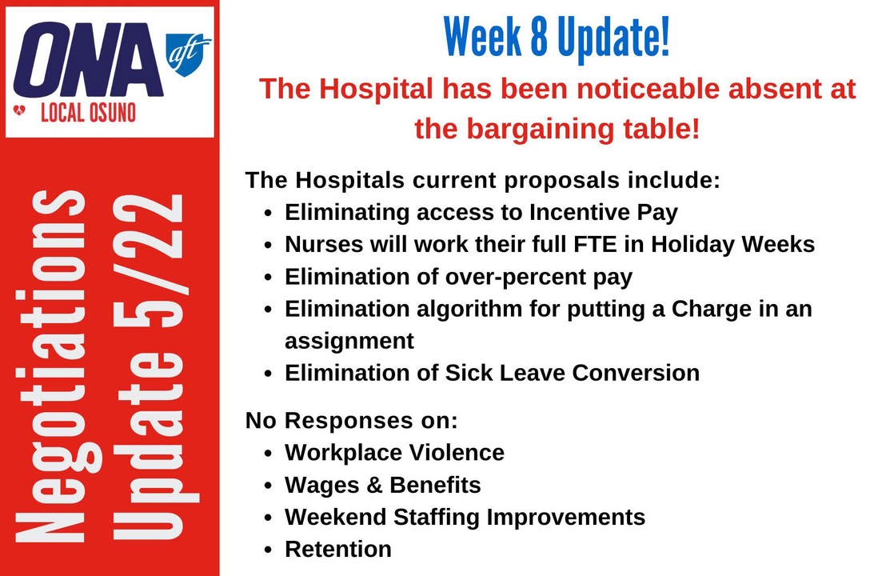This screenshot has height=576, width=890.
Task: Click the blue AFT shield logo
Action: [187, 54]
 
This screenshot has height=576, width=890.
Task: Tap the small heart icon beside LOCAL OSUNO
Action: [19, 110]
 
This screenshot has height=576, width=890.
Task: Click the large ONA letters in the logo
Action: [88, 60]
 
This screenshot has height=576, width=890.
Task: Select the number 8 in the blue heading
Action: [539, 37]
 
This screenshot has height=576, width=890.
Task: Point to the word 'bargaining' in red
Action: [541, 130]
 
